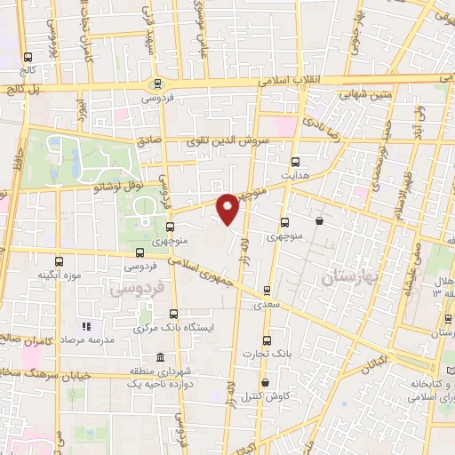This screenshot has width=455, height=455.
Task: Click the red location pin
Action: pos(229,209)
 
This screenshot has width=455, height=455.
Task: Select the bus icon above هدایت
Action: pos(296,162)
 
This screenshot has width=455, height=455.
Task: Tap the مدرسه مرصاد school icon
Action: pos(86,327)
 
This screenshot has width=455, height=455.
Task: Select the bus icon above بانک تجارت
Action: pos(267,340)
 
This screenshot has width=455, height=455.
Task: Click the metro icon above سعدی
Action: pos(267,290)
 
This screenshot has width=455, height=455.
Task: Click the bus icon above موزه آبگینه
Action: pos(60,261)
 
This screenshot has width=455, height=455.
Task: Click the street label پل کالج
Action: pos(21,89)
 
